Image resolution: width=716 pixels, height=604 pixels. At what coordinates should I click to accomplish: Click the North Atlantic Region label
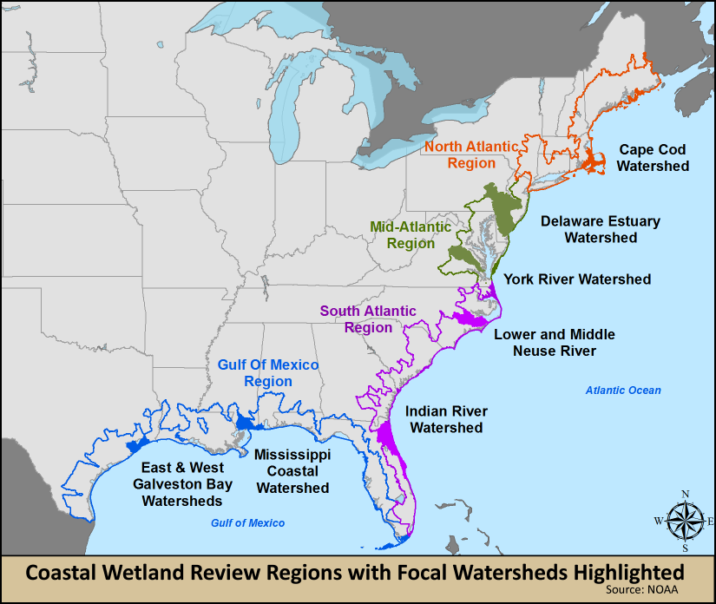pyautogui.click(x=471, y=154)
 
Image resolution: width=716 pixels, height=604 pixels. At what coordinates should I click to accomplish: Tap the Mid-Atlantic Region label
pyautogui.click(x=411, y=235)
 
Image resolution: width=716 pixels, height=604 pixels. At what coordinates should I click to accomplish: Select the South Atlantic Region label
pyautogui.click(x=368, y=319)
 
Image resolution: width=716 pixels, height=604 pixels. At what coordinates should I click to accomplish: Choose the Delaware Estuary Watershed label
pyautogui.click(x=601, y=229)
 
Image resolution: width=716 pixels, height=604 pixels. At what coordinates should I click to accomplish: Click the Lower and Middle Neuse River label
pyautogui.click(x=555, y=342)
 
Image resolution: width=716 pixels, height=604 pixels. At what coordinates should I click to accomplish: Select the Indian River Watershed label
pyautogui.click(x=446, y=419)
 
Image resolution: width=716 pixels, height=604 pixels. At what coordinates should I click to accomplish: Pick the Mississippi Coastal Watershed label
pyautogui.click(x=292, y=470)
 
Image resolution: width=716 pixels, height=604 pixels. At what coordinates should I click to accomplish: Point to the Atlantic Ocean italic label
pyautogui.click(x=622, y=391)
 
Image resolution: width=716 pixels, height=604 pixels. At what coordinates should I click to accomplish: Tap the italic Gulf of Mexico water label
pyautogui.click(x=247, y=523)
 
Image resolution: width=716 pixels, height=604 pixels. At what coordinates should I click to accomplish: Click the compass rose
pyautogui.click(x=685, y=521)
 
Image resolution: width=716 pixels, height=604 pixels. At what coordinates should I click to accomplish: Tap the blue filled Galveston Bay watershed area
pyautogui.click(x=133, y=444)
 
